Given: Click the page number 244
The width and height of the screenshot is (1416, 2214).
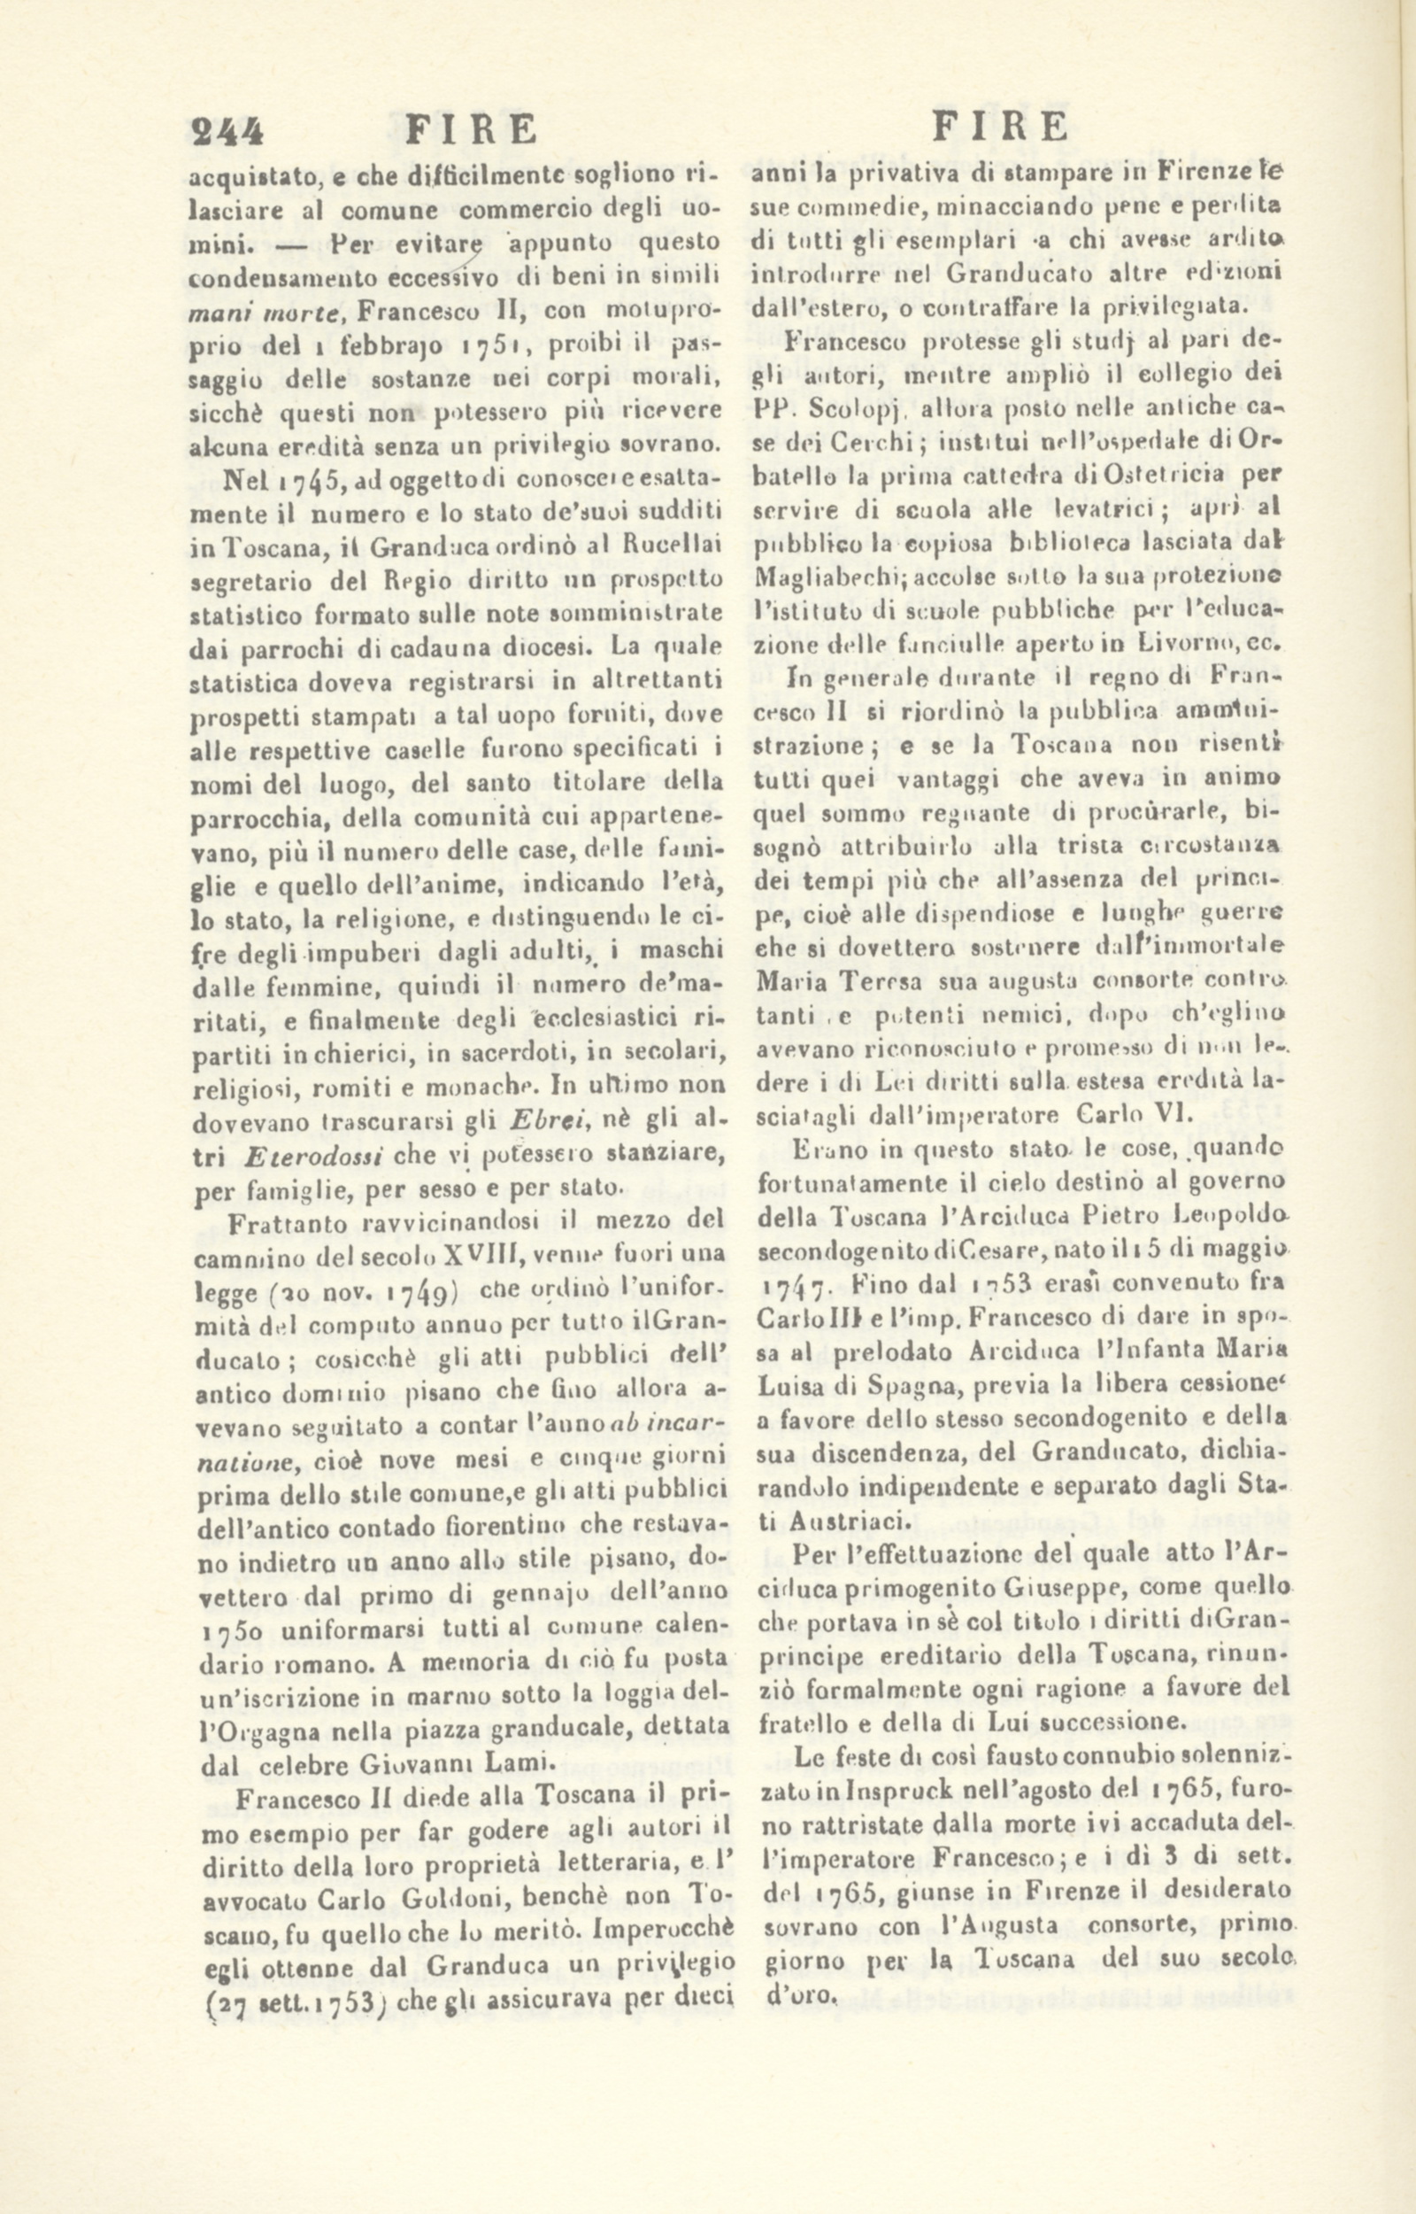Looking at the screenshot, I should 227,129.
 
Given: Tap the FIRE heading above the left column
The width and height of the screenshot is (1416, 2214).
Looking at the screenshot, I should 471,129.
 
